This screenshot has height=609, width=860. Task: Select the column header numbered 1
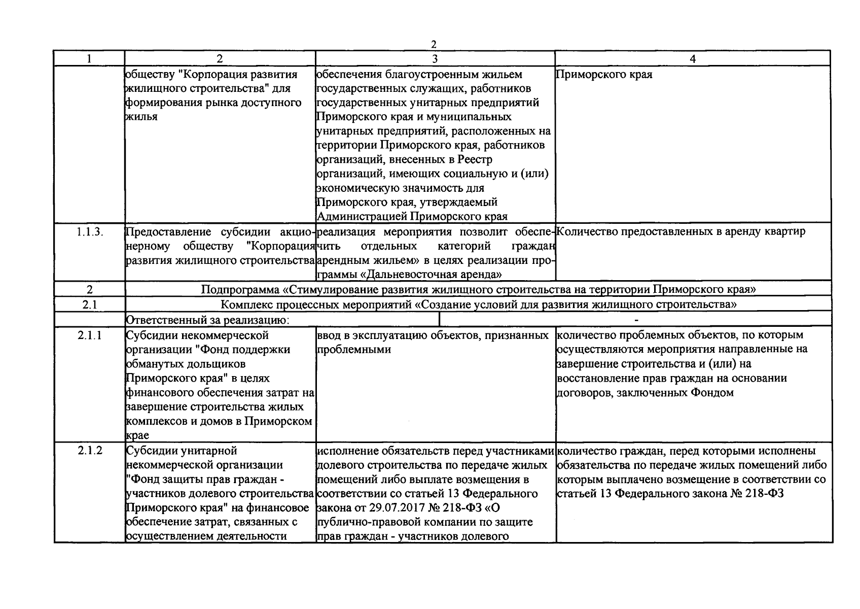tap(89, 58)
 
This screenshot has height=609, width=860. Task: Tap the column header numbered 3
tap(435, 58)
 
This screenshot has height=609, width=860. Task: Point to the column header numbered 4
tap(693, 58)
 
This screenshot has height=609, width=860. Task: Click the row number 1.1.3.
tap(90, 232)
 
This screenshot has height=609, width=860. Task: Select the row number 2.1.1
tap(90, 335)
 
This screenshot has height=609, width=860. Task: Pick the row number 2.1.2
tap(90, 450)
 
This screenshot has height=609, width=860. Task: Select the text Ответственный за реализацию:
tap(207, 320)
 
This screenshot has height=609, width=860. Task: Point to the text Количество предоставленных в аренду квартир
tap(680, 232)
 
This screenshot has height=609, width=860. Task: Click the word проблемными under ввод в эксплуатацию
tap(354, 350)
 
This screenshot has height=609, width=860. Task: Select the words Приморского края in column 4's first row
tap(604, 75)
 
